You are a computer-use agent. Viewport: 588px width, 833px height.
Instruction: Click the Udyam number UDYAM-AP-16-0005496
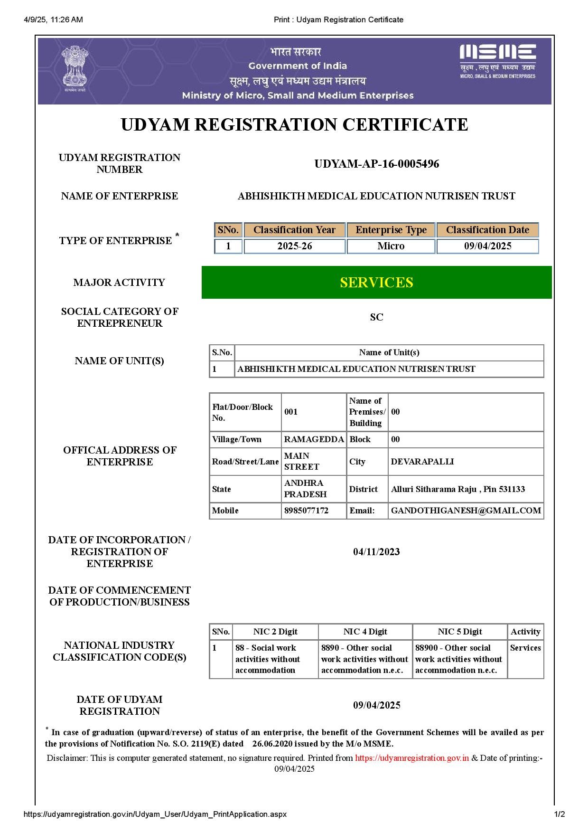coord(376,164)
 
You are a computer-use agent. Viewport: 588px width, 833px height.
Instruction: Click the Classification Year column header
coord(294,230)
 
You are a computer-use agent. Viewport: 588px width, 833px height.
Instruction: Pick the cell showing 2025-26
coord(294,246)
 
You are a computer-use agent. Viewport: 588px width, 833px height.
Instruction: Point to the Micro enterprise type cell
coord(391,246)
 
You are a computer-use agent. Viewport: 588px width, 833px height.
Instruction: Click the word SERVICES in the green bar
coord(376,283)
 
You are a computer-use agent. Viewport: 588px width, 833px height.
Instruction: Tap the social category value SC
coord(376,317)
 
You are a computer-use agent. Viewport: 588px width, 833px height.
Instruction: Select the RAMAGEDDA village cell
coord(314,439)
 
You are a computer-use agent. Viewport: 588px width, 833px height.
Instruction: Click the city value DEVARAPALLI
coord(422,462)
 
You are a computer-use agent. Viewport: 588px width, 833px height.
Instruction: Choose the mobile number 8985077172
coord(306,511)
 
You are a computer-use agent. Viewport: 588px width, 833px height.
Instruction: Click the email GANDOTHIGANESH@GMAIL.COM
coord(466,511)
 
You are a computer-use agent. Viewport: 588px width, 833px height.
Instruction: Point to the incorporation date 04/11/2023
coord(376,552)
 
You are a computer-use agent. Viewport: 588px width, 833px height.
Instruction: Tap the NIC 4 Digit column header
coord(365,632)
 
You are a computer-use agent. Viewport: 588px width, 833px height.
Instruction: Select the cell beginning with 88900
coord(459,659)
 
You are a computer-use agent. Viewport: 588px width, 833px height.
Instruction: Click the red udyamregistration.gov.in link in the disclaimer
coord(412,758)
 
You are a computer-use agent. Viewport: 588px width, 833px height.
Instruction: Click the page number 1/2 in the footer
coord(560,814)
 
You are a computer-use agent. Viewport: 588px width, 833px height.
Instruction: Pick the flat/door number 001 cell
coord(291,412)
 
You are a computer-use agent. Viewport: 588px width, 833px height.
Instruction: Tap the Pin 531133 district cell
coord(458,489)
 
